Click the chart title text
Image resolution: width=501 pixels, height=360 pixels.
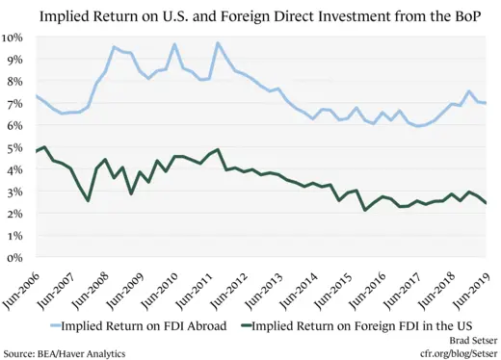(x=250, y=14)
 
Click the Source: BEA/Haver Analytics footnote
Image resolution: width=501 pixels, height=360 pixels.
(x=64, y=353)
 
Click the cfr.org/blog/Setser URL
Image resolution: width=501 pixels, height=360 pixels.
(x=449, y=353)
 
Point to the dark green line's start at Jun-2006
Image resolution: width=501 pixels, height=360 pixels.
(x=36, y=152)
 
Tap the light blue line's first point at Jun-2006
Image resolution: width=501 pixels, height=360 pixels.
(x=36, y=95)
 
